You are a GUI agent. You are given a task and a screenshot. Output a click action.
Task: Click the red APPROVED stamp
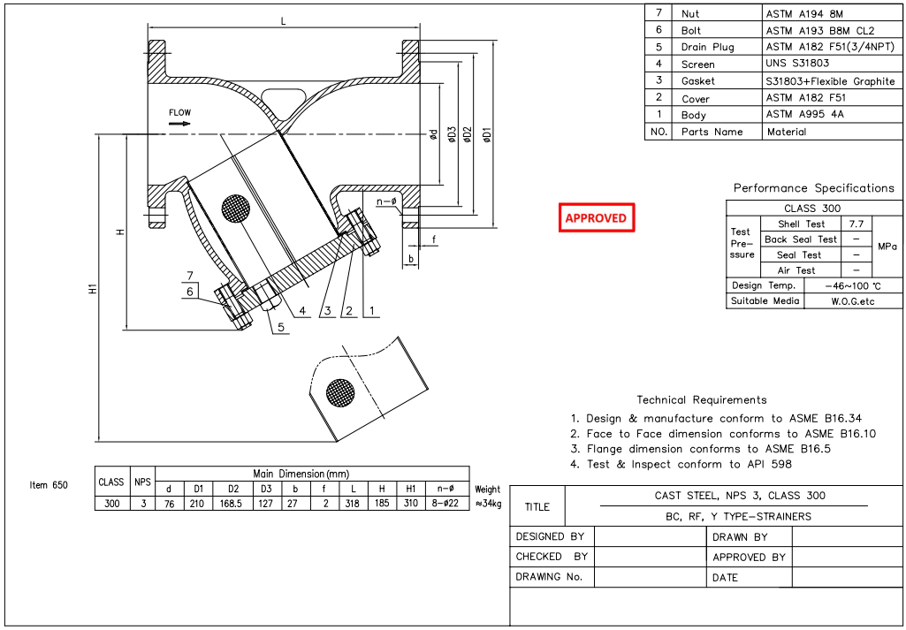pyautogui.click(x=596, y=217)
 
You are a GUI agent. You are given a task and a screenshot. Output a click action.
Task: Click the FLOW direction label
pyautogui.click(x=180, y=112)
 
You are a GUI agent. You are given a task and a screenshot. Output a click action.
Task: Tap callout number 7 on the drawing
pyautogui.click(x=189, y=276)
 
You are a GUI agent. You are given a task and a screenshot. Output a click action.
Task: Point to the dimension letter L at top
pyautogui.click(x=283, y=20)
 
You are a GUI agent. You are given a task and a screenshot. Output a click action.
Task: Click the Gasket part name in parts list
pyautogui.click(x=698, y=81)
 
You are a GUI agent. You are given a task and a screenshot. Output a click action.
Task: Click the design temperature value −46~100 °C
pyautogui.click(x=852, y=286)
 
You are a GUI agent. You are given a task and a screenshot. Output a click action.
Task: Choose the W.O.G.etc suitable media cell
pyautogui.click(x=852, y=301)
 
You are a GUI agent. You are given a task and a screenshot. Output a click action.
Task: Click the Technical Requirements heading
pyautogui.click(x=701, y=400)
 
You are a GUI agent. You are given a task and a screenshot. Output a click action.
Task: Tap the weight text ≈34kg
pyautogui.click(x=488, y=504)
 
